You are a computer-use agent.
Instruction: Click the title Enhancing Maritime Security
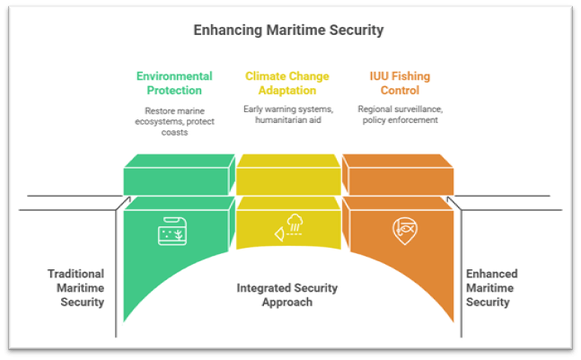coord(288,31)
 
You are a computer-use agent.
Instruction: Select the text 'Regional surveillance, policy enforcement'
coord(401,115)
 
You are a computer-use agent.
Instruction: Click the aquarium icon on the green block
coord(172,232)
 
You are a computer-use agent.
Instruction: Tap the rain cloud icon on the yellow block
coord(289,231)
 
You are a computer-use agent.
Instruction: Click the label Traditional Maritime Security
coord(76,288)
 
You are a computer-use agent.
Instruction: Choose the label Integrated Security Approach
coord(287,295)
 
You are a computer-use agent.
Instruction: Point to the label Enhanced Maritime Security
coord(491,288)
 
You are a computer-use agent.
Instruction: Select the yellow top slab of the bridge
coord(289,175)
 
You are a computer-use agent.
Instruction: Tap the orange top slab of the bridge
coord(400,175)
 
